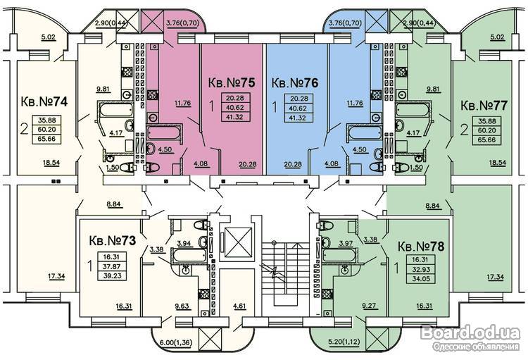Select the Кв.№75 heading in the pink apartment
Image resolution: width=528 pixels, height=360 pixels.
tap(230, 82)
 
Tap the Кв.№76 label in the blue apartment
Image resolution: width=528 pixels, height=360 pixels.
tap(295, 82)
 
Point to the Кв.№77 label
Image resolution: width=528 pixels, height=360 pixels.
tap(484, 106)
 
